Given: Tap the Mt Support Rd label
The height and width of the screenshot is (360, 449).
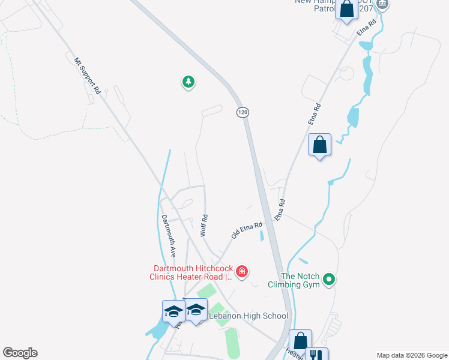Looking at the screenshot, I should click(87, 76).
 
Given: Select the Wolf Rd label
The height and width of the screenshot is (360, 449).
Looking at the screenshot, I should click(204, 225).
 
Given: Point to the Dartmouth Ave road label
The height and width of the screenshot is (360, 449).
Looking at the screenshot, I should click(169, 236).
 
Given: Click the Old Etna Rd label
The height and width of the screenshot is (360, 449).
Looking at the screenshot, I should click(247, 230).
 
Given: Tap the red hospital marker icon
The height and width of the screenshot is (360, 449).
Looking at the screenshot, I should click(242, 272).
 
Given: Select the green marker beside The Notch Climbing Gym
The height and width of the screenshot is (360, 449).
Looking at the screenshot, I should click(328, 279).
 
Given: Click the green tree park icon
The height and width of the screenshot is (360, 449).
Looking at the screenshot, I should click(188, 82).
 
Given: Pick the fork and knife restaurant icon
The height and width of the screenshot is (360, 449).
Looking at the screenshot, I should click(317, 355).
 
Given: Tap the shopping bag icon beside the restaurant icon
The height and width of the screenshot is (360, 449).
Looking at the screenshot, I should click(300, 341).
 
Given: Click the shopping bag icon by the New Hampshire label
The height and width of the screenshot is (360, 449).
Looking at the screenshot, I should click(346, 10).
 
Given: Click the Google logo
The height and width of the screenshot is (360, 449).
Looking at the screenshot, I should click(20, 353).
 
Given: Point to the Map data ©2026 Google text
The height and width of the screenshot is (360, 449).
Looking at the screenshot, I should click(411, 355).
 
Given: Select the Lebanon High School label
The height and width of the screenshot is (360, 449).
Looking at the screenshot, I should click(248, 316).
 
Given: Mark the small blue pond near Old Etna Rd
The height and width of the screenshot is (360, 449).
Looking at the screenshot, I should click(262, 236).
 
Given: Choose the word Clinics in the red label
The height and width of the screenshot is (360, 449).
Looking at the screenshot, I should click(164, 277).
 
